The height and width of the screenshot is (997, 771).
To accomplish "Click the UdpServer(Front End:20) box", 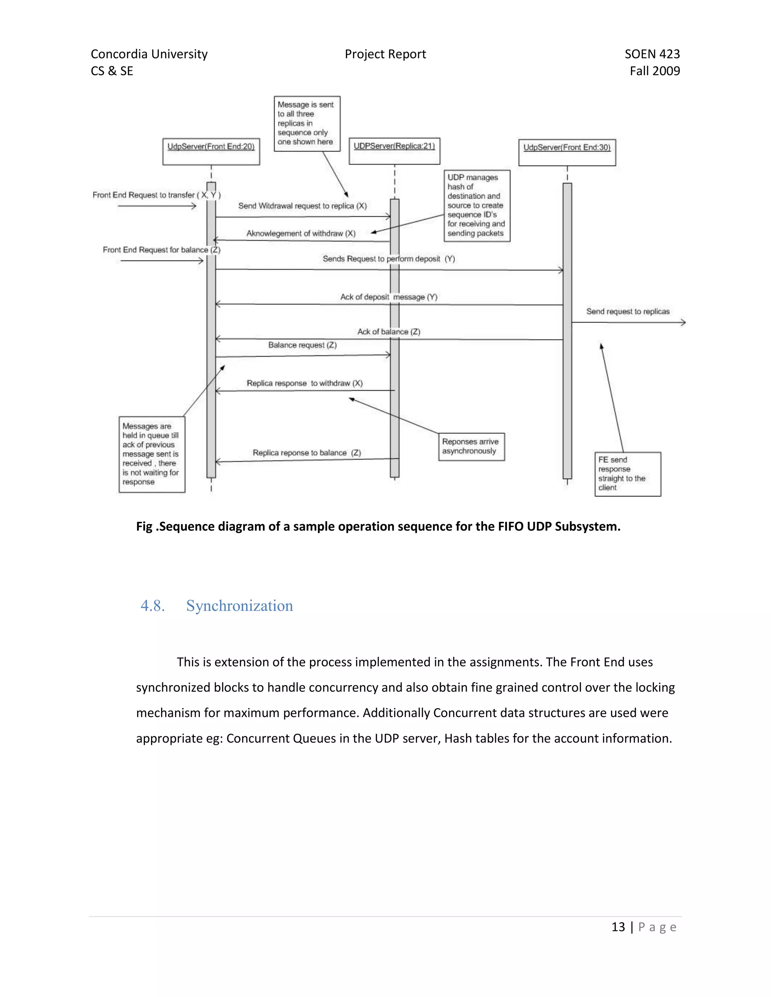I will (211, 152).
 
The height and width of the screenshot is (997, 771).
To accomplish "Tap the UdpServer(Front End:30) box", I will (567, 152).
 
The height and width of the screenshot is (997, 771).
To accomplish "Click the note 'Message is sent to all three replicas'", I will (307, 123).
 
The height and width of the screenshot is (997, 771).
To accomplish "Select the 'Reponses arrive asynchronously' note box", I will (471, 447).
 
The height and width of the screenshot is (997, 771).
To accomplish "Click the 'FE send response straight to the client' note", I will (628, 474).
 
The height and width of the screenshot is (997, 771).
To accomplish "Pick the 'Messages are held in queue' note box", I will (152, 454).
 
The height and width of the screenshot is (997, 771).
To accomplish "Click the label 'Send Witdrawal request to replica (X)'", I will (302, 206).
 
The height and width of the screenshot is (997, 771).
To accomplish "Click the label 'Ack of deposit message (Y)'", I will (389, 297).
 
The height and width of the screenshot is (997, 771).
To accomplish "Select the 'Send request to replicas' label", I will (628, 312).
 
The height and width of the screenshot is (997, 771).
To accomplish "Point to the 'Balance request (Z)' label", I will (302, 345).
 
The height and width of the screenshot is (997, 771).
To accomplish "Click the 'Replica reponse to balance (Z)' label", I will (306, 453).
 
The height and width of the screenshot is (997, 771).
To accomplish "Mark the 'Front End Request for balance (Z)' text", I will (161, 250).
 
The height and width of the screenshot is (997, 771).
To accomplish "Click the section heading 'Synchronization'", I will (239, 606).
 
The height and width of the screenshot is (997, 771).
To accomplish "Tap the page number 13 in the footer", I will (618, 927).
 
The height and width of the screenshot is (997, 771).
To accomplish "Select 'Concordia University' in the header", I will (149, 54).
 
